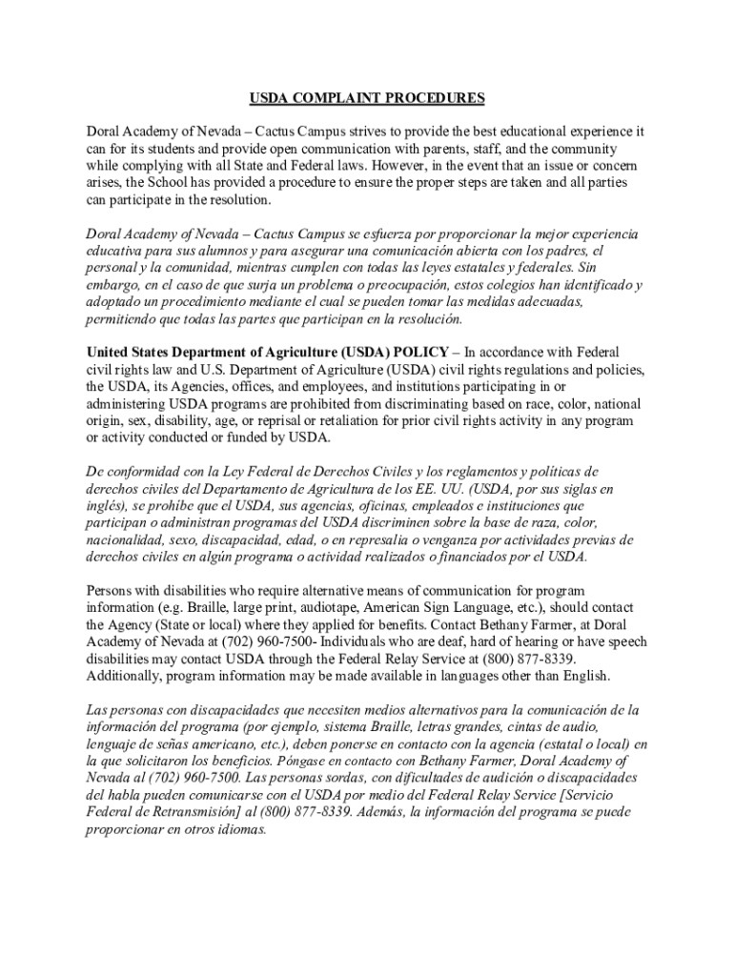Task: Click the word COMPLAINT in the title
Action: click(333, 98)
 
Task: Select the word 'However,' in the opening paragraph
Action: click(400, 166)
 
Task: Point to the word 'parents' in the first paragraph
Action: click(434, 149)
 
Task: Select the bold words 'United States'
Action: click(130, 352)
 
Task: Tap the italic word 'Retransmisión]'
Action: click(194, 812)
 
